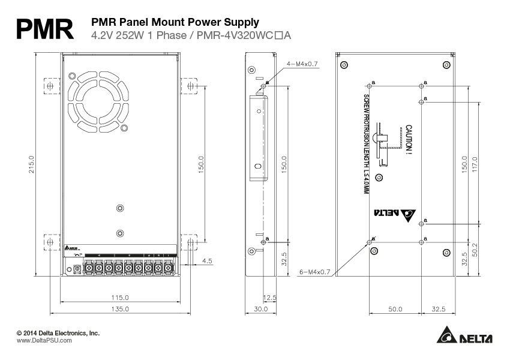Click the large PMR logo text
coord(44,29)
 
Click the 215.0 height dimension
coord(31,165)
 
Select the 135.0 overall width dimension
coord(119,308)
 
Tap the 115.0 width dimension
coord(119,297)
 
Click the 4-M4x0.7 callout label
coord(302,63)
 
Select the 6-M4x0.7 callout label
coord(315,272)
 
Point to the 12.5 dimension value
coord(269,297)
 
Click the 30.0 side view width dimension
coord(260,308)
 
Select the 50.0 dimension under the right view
coord(395,308)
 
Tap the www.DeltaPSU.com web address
coord(44,340)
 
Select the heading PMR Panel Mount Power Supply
coord(175,22)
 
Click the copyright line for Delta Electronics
coord(58,332)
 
